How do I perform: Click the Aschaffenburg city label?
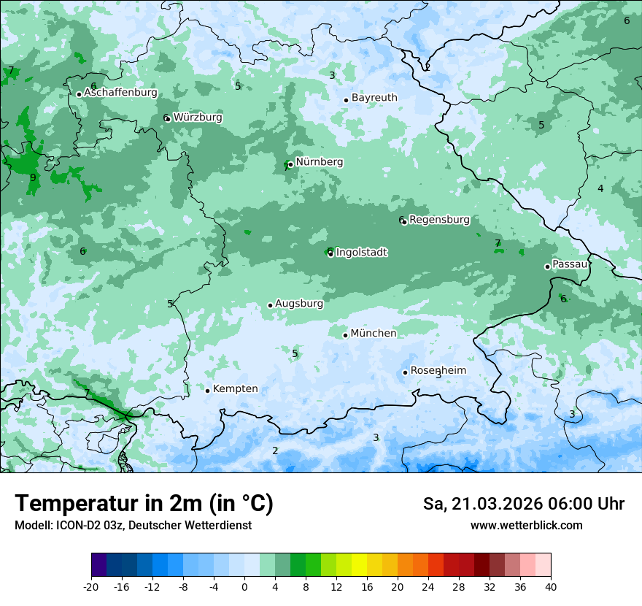pyautogui.click(x=120, y=93)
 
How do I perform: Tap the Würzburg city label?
pyautogui.click(x=198, y=118)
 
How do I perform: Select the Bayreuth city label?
pyautogui.click(x=374, y=98)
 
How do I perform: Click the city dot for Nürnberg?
pyautogui.click(x=290, y=164)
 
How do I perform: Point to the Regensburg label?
pyautogui.click(x=439, y=220)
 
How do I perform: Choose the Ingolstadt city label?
pyautogui.click(x=361, y=253)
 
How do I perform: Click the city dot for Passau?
pyautogui.click(x=547, y=266)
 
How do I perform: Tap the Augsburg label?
pyautogui.click(x=299, y=304)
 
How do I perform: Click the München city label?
pyautogui.click(x=374, y=334)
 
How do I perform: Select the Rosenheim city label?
pyautogui.click(x=438, y=371)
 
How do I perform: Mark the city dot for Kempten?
pyautogui.click(x=207, y=391)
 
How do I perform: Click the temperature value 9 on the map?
pyautogui.click(x=33, y=177)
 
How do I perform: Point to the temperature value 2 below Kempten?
pyautogui.click(x=275, y=450)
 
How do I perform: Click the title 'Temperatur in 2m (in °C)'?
pyautogui.click(x=144, y=504)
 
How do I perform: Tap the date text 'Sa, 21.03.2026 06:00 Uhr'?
pyautogui.click(x=523, y=504)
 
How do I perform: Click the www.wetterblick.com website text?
pyautogui.click(x=526, y=525)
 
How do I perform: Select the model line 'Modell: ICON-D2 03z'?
pyautogui.click(x=133, y=525)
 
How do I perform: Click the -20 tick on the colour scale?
pyautogui.click(x=91, y=587)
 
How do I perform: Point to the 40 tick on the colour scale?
pyautogui.click(x=551, y=587)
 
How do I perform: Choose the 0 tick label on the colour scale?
pyautogui.click(x=244, y=587)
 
